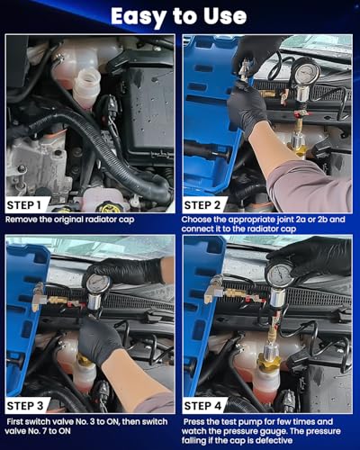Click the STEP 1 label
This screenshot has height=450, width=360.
(x=23, y=205)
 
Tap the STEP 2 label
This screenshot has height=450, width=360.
(x=202, y=205)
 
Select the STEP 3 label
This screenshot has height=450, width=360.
(x=25, y=406)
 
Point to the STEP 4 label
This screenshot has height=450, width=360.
(x=202, y=406)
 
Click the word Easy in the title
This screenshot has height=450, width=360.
(x=137, y=16)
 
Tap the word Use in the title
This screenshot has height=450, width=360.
(x=225, y=16)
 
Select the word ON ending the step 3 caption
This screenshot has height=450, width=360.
(x=65, y=431)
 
